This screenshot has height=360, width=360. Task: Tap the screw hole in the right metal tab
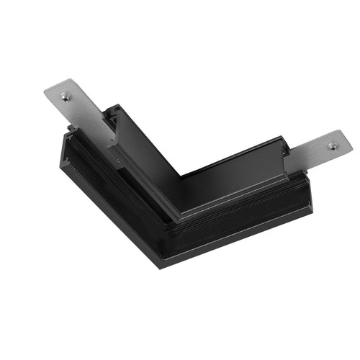(333, 146)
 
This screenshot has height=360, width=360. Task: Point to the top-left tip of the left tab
(45, 91)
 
